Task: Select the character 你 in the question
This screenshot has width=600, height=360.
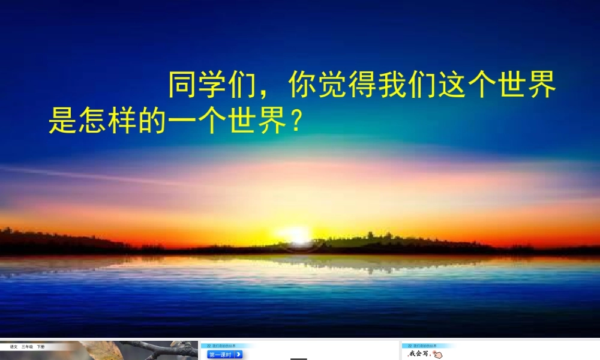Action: (x=302, y=86)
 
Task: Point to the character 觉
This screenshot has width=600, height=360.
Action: (x=332, y=86)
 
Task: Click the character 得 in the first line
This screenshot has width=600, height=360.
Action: (x=362, y=86)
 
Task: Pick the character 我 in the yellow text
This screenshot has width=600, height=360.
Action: (x=392, y=86)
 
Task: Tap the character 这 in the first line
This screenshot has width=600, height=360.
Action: (x=452, y=86)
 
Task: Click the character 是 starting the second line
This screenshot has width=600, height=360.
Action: (x=62, y=121)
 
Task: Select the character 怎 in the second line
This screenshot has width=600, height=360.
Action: (x=92, y=121)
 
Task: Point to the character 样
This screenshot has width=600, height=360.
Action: (x=122, y=121)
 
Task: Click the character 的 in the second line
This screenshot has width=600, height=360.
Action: (x=152, y=121)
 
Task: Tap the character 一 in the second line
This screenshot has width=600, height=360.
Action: (x=182, y=121)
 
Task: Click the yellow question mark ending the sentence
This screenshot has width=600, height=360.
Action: (x=294, y=121)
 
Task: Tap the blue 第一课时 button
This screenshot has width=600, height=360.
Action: (x=225, y=355)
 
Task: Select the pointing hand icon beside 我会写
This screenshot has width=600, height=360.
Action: (x=436, y=355)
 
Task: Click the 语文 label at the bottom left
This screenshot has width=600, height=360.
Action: (x=13, y=347)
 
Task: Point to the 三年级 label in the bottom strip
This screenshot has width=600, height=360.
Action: (x=28, y=347)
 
